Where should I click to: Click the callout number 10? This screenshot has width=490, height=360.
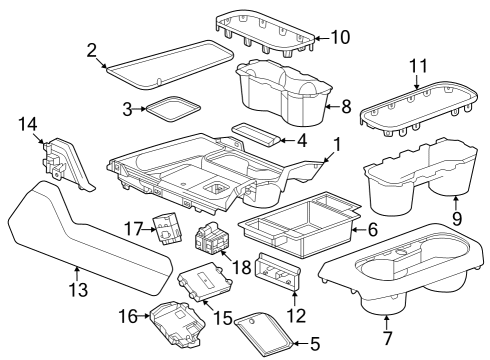point(340,37)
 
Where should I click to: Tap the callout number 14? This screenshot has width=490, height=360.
point(28,124)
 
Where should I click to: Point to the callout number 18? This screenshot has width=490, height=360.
point(241,267)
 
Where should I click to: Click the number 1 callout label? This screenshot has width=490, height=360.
point(337,145)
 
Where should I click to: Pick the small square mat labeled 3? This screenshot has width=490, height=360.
point(173,108)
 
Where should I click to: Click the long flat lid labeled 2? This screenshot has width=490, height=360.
point(170,65)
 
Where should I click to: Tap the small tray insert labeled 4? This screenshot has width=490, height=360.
point(255,134)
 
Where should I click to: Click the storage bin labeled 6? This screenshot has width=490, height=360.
point(299,225)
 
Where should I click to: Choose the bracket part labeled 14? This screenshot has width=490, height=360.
point(67,163)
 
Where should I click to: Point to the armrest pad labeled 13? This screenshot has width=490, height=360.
point(88,238)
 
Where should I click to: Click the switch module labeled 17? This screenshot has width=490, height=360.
point(166,230)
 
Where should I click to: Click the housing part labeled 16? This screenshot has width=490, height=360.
point(177,324)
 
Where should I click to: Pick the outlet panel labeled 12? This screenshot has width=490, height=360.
point(278,270)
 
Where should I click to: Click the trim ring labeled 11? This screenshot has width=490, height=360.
point(419,110)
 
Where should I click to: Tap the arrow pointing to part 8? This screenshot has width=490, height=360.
point(332,107)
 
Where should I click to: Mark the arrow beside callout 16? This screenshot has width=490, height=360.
point(144,315)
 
